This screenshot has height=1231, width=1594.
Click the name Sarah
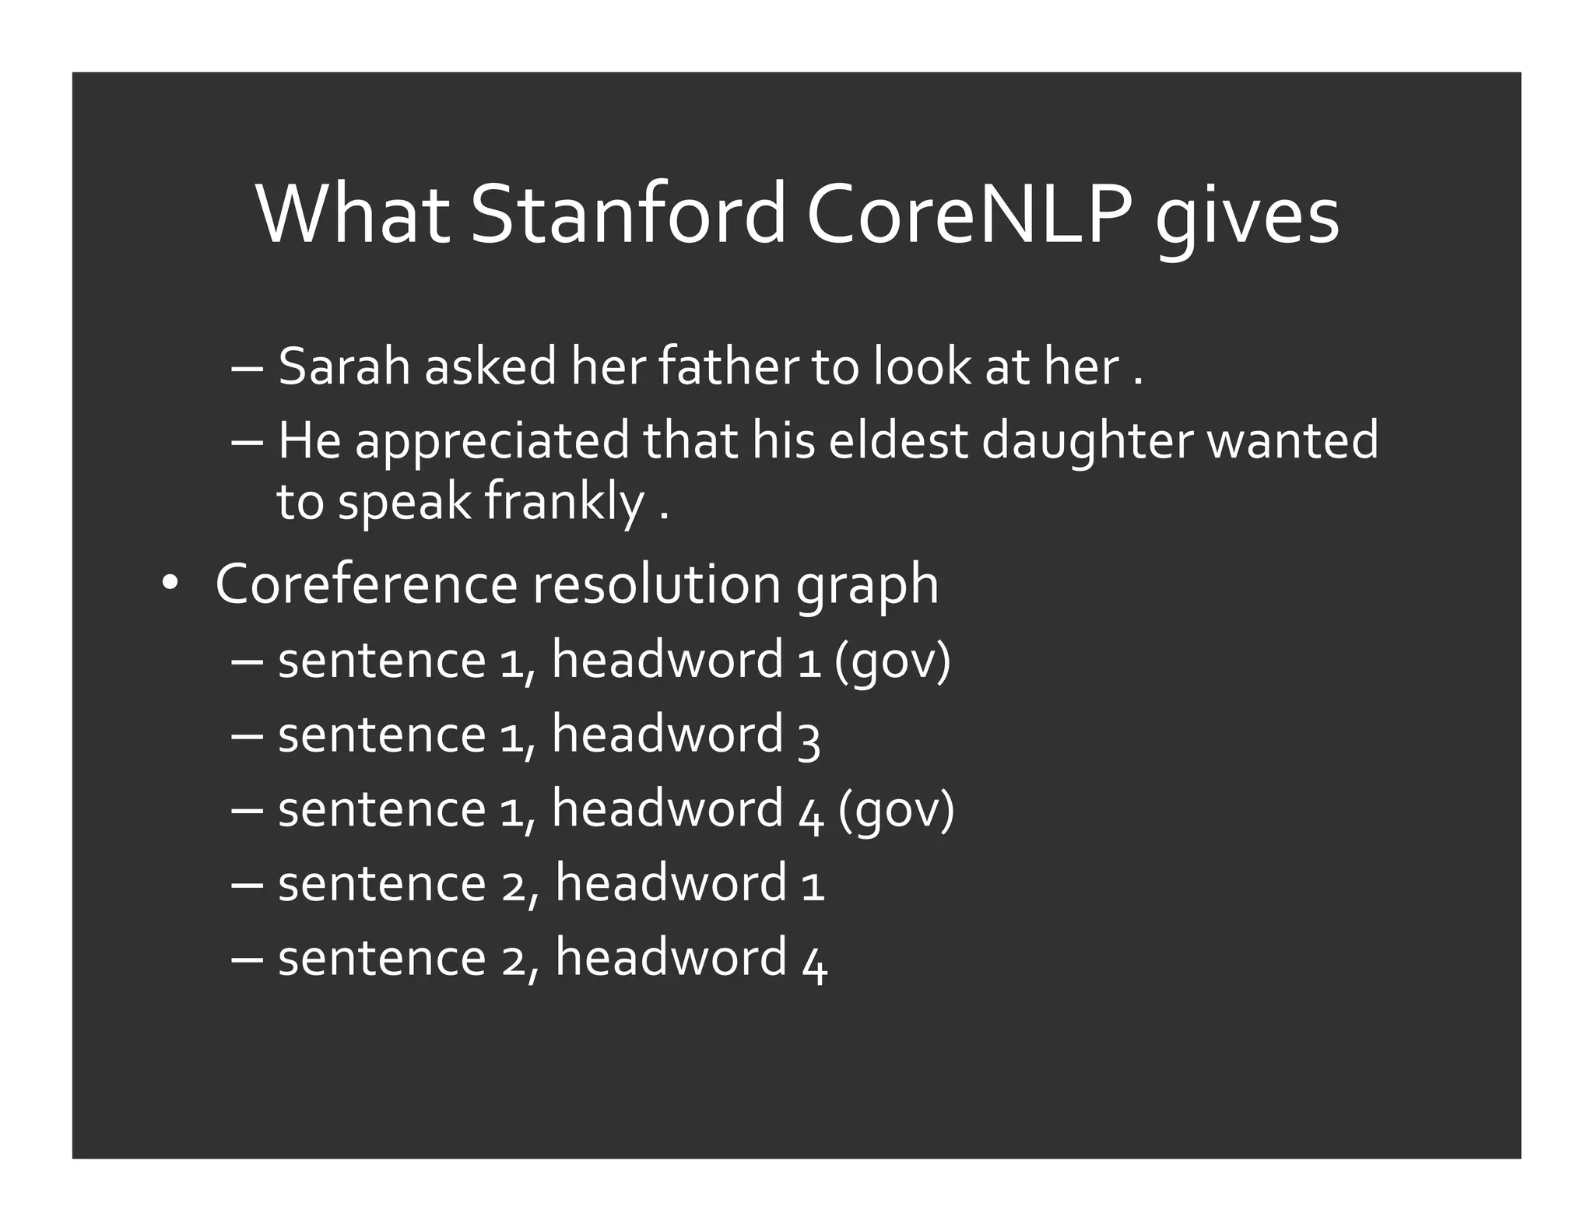343,366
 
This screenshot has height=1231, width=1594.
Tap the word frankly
564,502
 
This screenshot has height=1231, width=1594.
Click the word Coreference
366,584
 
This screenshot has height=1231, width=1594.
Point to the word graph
867,587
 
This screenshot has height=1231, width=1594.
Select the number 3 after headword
809,738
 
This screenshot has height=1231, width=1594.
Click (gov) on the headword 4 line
896,811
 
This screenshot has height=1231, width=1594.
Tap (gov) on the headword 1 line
892,661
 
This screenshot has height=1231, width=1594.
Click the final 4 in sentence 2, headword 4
814,962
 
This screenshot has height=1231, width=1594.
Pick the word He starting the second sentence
309,440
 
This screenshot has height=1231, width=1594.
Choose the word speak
405,503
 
